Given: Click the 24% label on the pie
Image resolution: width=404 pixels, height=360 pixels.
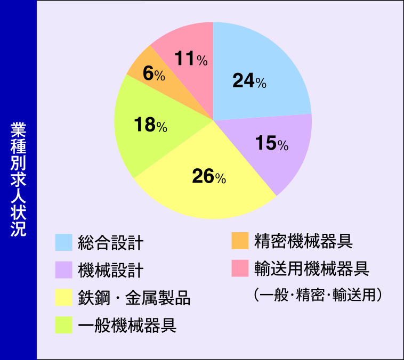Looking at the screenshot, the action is pyautogui.click(x=249, y=80).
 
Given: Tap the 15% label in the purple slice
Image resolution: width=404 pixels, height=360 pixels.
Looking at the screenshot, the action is pyautogui.click(x=272, y=143).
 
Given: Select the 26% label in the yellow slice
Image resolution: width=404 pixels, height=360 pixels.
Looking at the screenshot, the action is pyautogui.click(x=209, y=176).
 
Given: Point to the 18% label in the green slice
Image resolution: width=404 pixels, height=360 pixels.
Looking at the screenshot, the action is pyautogui.click(x=150, y=125).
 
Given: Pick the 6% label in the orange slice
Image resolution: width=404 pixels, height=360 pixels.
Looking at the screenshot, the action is pyautogui.click(x=154, y=73).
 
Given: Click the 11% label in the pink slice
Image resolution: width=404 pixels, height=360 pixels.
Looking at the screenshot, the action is pyautogui.click(x=191, y=59).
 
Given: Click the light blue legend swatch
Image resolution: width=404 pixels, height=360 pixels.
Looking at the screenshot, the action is pyautogui.click(x=63, y=242).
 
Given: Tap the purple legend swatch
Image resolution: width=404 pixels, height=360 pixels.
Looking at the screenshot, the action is pyautogui.click(x=63, y=270).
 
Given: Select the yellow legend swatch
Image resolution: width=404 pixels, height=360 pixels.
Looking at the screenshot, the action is pyautogui.click(x=63, y=297).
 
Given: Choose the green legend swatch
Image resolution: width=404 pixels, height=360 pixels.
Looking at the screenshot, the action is pyautogui.click(x=63, y=325).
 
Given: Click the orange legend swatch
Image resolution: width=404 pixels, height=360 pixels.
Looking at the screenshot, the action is pyautogui.click(x=240, y=241).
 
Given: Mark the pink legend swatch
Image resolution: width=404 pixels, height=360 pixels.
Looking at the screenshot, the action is pyautogui.click(x=240, y=268).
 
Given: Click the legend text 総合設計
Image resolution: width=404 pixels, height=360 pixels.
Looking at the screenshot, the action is pyautogui.click(x=111, y=243).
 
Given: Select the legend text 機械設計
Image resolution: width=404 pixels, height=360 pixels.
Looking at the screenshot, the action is pyautogui.click(x=111, y=270).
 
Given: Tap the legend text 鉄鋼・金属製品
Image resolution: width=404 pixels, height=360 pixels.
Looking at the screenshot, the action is pyautogui.click(x=134, y=298).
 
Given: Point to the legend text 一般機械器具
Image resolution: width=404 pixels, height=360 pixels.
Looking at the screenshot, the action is pyautogui.click(x=127, y=325).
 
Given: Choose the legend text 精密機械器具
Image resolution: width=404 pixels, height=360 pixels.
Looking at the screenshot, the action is pyautogui.click(x=303, y=241).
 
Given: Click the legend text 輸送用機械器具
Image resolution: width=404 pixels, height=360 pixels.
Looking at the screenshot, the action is pyautogui.click(x=312, y=268).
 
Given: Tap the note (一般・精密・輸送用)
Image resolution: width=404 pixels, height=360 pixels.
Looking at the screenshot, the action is pyautogui.click(x=318, y=295).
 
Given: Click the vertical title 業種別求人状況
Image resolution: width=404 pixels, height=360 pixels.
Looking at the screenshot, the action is pyautogui.click(x=18, y=179).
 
